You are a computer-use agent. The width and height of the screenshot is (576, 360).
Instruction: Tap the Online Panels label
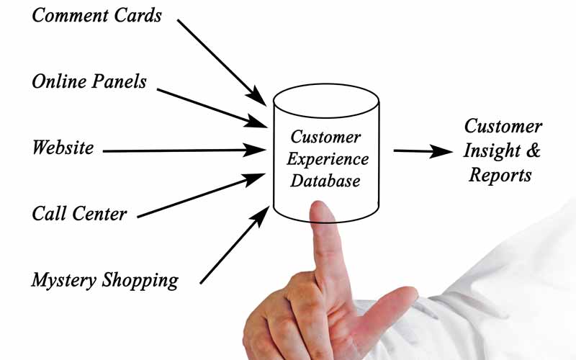click(x=89, y=81)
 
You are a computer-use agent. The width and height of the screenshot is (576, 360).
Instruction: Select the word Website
click(x=63, y=148)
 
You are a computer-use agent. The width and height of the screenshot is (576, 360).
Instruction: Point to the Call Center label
click(x=79, y=214)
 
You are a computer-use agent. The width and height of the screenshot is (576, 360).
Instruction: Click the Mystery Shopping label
click(x=104, y=279)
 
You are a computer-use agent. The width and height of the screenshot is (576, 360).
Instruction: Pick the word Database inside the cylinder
click(x=325, y=181)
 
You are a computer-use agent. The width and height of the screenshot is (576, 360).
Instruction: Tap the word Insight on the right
click(x=494, y=150)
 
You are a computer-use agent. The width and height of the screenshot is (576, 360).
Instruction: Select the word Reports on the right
click(x=500, y=174)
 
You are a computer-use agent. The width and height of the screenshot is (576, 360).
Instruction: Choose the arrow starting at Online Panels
click(x=212, y=107)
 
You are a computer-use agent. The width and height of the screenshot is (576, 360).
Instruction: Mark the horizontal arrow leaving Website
click(x=184, y=150)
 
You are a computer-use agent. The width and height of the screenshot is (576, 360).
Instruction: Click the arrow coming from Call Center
click(x=202, y=194)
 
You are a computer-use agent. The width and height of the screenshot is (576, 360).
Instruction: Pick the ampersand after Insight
click(x=534, y=150)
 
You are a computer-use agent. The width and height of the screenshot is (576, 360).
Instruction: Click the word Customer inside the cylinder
click(x=325, y=136)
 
